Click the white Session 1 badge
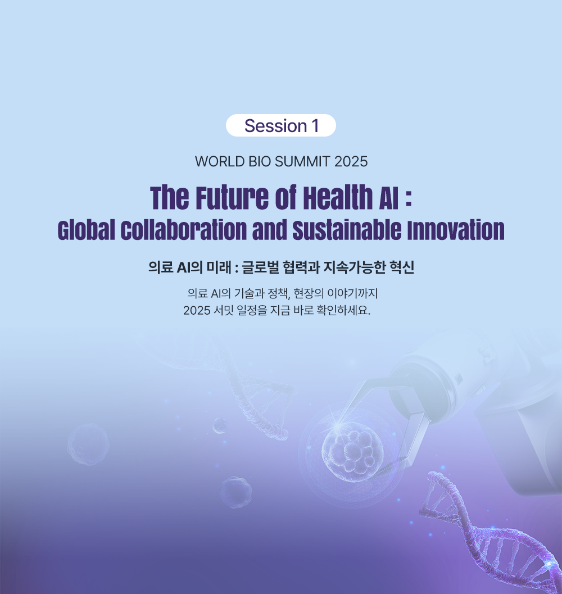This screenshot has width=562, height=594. [281, 125]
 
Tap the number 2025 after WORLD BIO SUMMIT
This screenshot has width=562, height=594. [351, 162]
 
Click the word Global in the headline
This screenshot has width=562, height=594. [87, 230]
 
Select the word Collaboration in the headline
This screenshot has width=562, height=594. [184, 230]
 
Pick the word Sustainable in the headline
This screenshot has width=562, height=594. [347, 230]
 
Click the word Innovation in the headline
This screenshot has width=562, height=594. [456, 230]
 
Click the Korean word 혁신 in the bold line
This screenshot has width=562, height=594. [402, 267]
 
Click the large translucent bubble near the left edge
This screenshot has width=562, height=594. [88, 444]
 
